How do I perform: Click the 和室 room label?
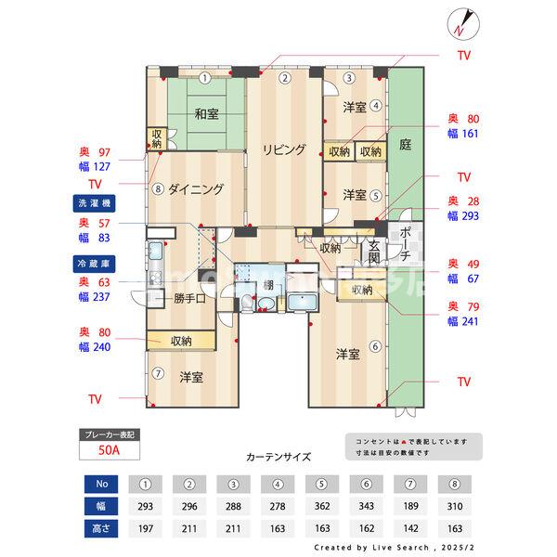click(x=206, y=114)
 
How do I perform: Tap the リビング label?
click(x=283, y=149)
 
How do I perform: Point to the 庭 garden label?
click(x=405, y=145)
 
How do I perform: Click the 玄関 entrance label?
click(x=373, y=253)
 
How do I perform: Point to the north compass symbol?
click(x=461, y=23)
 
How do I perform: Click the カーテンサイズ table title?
click(x=278, y=457)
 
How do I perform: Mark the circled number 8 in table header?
click(x=452, y=485)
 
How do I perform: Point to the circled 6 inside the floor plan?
click(x=375, y=347)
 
